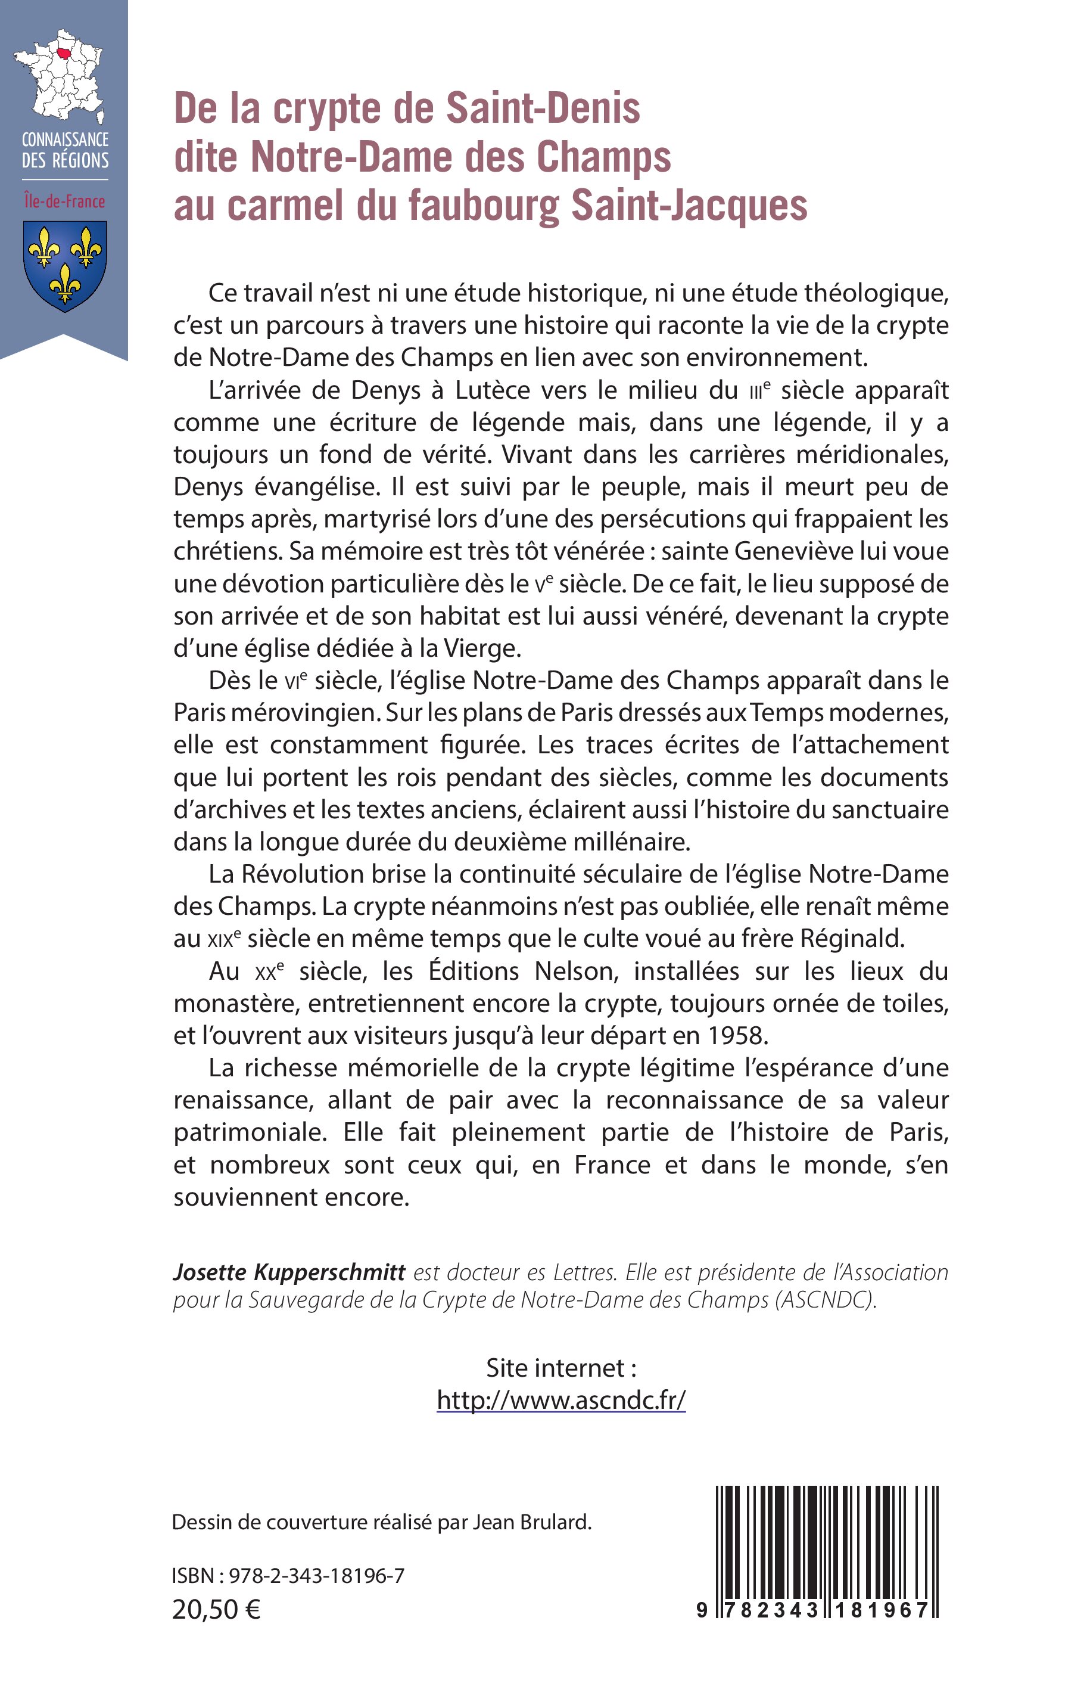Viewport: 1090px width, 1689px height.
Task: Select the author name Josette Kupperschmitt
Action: (x=289, y=1272)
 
